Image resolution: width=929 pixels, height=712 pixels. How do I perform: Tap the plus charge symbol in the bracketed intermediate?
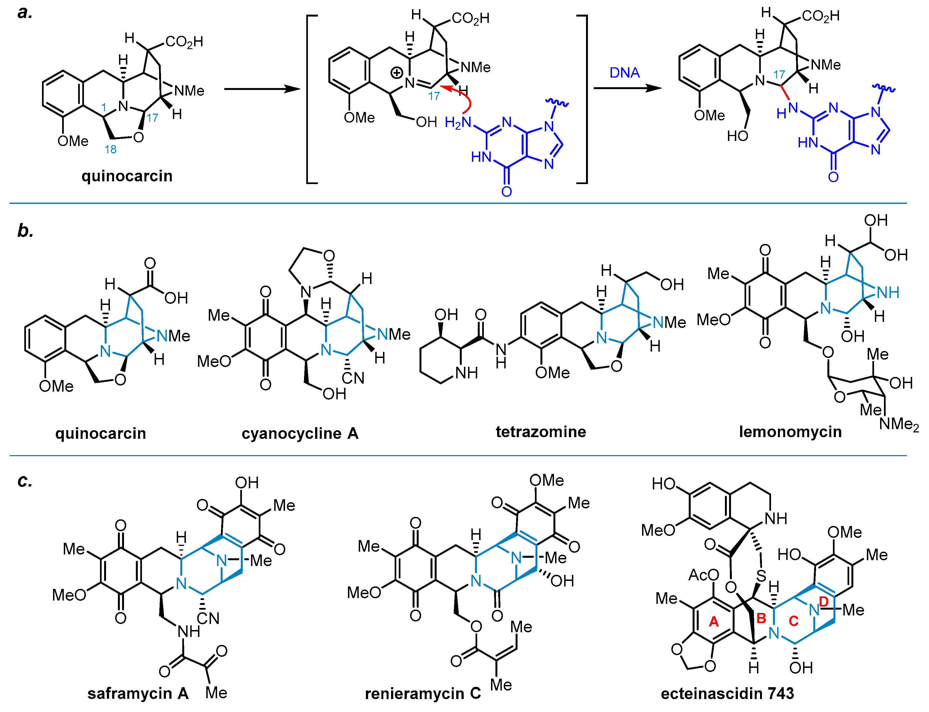pos(397,73)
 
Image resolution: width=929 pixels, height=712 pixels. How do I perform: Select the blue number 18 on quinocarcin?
pos(110,149)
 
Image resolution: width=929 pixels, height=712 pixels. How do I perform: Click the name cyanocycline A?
pos(300,433)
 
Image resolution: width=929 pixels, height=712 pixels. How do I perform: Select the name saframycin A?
pos(138,693)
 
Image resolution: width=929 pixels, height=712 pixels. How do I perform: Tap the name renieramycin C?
pos(423,693)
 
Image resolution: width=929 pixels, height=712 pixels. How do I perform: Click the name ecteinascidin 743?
pos(727,693)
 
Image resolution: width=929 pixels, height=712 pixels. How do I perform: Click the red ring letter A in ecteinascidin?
pos(714,622)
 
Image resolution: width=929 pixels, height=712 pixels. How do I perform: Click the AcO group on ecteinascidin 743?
pos(703,575)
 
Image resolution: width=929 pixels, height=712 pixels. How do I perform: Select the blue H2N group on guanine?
pos(458,123)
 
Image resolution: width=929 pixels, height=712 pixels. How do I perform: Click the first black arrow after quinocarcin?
pos(262,89)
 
